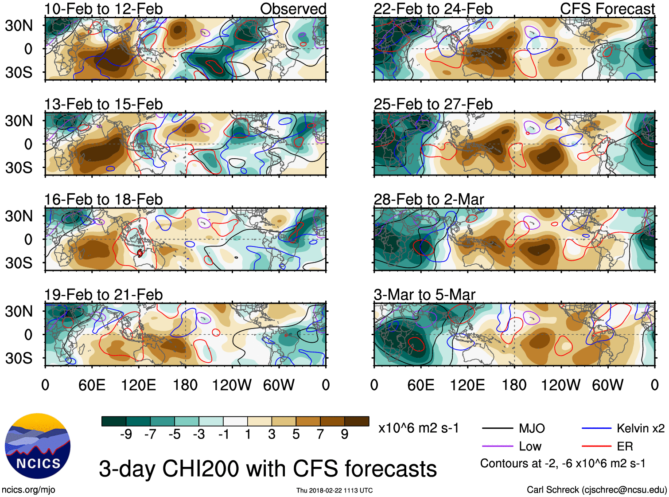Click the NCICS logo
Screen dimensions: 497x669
[x=38, y=446]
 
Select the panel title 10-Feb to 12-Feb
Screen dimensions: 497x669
[x=103, y=9]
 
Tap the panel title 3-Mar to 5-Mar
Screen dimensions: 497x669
[x=424, y=295]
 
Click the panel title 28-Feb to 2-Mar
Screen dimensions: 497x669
[x=428, y=200]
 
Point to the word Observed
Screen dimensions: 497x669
[x=293, y=9]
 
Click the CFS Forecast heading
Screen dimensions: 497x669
[x=607, y=9]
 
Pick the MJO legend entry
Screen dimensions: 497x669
[x=532, y=428]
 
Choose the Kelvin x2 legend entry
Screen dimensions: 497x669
[x=640, y=428]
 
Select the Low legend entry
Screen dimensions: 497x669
[x=530, y=446]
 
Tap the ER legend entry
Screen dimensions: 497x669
[x=625, y=446]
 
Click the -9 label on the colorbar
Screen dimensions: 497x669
[x=126, y=434]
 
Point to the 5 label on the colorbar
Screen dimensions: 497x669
[x=296, y=434]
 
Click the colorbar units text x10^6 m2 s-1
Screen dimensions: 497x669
[x=418, y=428]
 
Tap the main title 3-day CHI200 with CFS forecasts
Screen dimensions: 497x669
[x=268, y=469]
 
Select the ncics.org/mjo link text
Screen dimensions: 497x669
[x=28, y=489]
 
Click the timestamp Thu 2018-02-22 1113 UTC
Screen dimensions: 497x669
[x=334, y=490]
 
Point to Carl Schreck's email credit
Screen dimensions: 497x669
[x=596, y=489]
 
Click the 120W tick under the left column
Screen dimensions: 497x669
[x=232, y=385]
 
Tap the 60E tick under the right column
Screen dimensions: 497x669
[x=420, y=385]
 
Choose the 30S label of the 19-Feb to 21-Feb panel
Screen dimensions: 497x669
[x=19, y=358]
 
